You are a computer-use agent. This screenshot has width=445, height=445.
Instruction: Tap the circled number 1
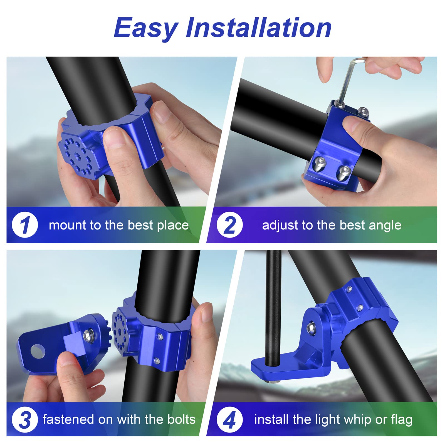(25, 225)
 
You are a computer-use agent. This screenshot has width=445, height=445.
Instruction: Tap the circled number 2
(229, 225)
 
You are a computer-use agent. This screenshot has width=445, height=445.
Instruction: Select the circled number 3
(25, 419)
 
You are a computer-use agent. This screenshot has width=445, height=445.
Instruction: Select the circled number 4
(229, 419)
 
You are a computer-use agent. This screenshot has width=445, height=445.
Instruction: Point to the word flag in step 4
(402, 420)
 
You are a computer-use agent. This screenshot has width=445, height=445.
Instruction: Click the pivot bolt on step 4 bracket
(311, 328)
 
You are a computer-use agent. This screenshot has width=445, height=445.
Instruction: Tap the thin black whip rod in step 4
(273, 306)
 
